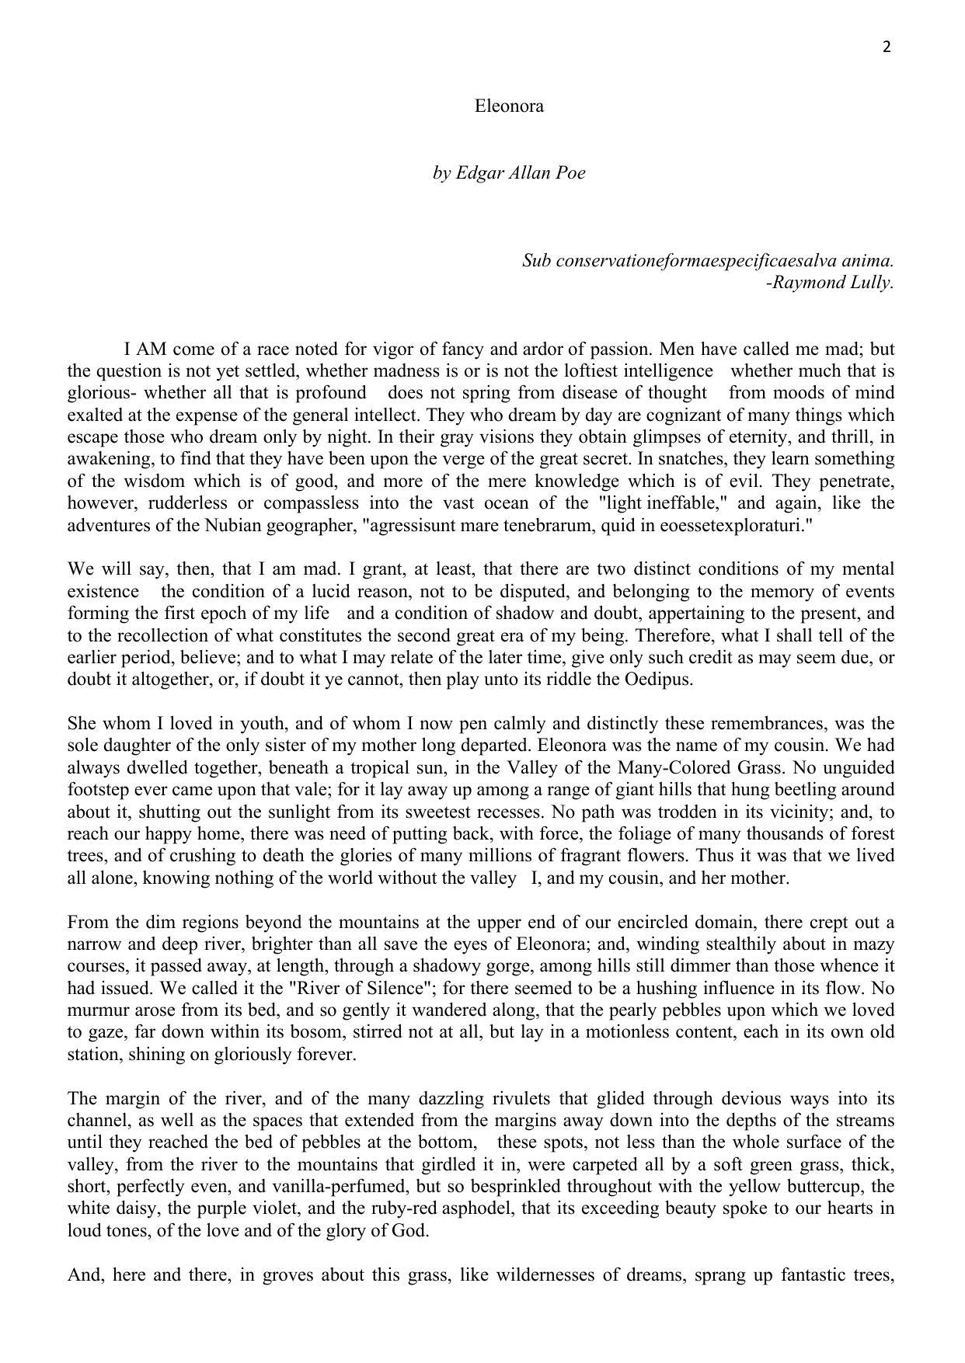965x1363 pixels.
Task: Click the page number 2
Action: (887, 47)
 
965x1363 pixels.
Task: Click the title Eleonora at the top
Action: (509, 106)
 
